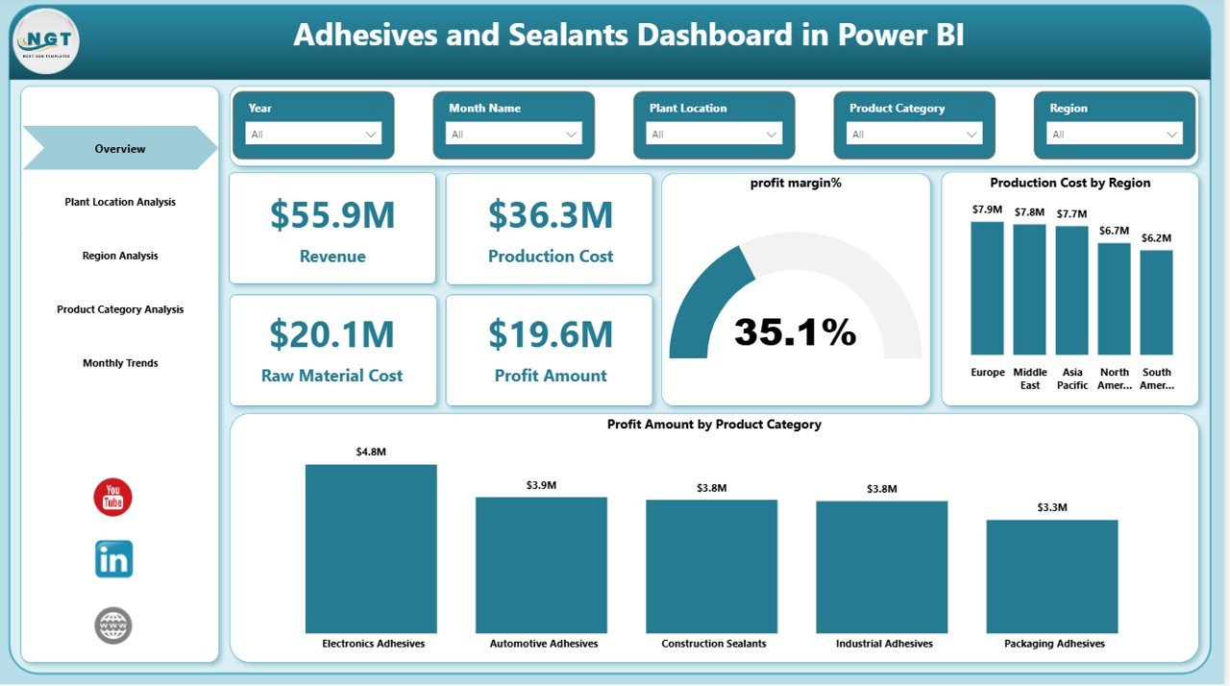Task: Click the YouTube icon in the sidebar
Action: click(112, 497)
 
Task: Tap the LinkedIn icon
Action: click(113, 559)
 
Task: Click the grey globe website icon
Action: click(113, 625)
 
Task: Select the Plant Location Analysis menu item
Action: click(120, 203)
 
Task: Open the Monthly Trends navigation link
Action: click(120, 363)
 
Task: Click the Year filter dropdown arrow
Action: click(370, 135)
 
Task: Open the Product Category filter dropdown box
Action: click(914, 135)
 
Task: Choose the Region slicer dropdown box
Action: click(1114, 135)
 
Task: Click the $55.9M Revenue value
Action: click(332, 215)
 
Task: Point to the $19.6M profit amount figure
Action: click(550, 334)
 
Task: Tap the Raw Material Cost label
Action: click(332, 376)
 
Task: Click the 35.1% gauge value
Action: click(795, 332)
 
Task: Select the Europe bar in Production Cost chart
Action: click(987, 288)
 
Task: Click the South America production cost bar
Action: click(1156, 302)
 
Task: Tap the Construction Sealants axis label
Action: click(713, 644)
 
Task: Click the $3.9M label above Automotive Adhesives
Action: click(541, 485)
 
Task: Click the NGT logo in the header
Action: click(46, 41)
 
